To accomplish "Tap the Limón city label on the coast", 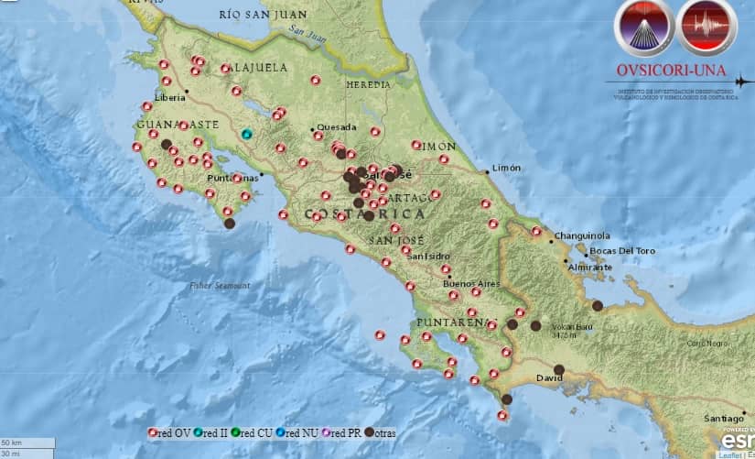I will click(x=506, y=168).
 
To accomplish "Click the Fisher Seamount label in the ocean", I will click(x=220, y=286).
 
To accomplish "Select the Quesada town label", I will click(x=337, y=127).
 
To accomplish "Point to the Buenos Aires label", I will click(x=471, y=283).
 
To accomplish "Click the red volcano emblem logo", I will click(x=645, y=27).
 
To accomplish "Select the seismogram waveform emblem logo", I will click(x=707, y=27).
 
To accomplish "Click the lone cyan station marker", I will click(x=246, y=135).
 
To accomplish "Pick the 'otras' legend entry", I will click(x=380, y=432).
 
